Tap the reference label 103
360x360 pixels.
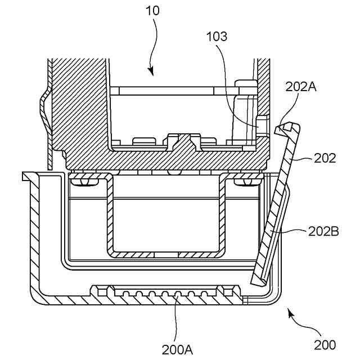[x=217, y=37]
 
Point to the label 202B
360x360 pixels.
[x=323, y=231]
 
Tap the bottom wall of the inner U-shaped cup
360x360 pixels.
[x=165, y=251]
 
